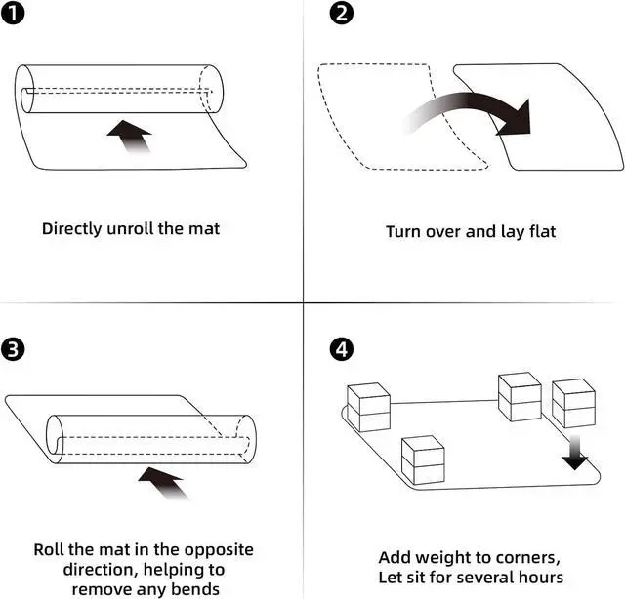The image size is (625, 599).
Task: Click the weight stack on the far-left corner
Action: pos(368,408)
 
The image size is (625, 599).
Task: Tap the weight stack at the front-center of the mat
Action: pos(423,461)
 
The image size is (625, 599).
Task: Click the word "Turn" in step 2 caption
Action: pos(406,232)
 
